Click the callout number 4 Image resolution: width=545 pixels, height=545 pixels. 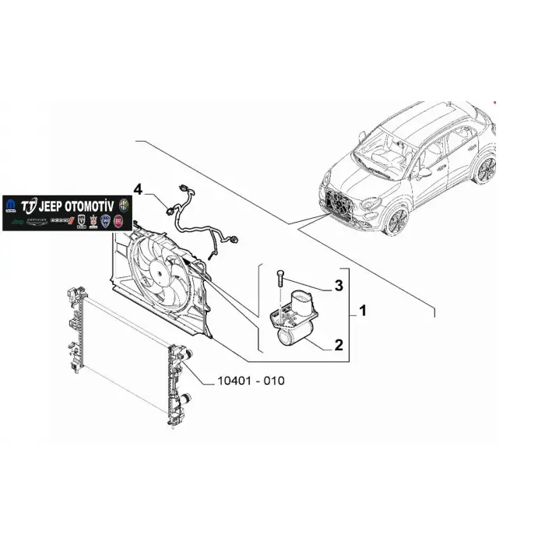click(138, 189)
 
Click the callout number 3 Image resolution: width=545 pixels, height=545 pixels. click(338, 287)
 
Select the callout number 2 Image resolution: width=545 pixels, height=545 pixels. click(338, 343)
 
